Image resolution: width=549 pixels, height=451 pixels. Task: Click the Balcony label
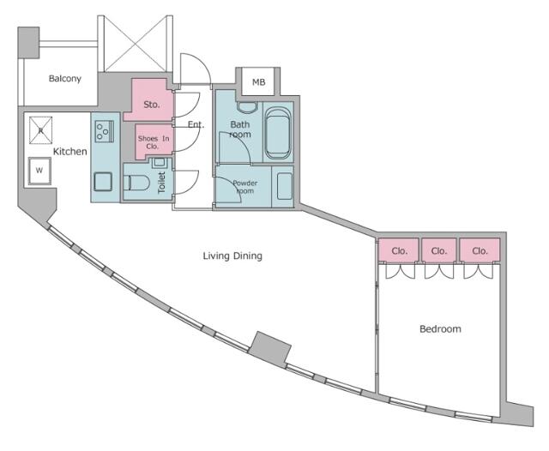[x=65, y=78]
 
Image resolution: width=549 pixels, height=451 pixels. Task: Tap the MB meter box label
[x=259, y=82]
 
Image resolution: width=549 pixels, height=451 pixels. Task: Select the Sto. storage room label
[x=152, y=105]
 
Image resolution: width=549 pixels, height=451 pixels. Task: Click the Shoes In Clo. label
[x=154, y=142]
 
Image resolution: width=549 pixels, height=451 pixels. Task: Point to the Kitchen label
[x=70, y=152]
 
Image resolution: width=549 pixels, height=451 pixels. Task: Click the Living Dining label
[x=232, y=256]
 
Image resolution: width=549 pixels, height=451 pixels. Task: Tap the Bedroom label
[x=440, y=329]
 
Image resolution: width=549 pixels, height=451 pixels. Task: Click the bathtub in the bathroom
[x=278, y=133]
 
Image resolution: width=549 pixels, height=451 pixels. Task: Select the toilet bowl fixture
[x=136, y=183]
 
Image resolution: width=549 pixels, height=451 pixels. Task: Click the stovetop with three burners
[x=104, y=131]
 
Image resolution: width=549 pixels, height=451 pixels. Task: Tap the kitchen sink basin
[x=103, y=182]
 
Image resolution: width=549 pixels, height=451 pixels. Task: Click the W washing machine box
[x=39, y=171]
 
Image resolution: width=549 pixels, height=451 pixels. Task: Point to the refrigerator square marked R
[x=40, y=130]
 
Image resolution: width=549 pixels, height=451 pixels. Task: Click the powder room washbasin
[x=284, y=186]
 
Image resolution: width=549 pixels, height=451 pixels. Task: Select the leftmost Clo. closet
[x=399, y=250]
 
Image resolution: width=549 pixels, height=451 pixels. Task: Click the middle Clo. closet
[x=438, y=250]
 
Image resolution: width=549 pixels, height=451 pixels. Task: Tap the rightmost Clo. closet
[x=480, y=250]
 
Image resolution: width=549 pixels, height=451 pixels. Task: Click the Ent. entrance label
[x=196, y=124]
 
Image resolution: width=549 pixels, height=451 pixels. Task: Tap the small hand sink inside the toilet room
[x=160, y=162]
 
